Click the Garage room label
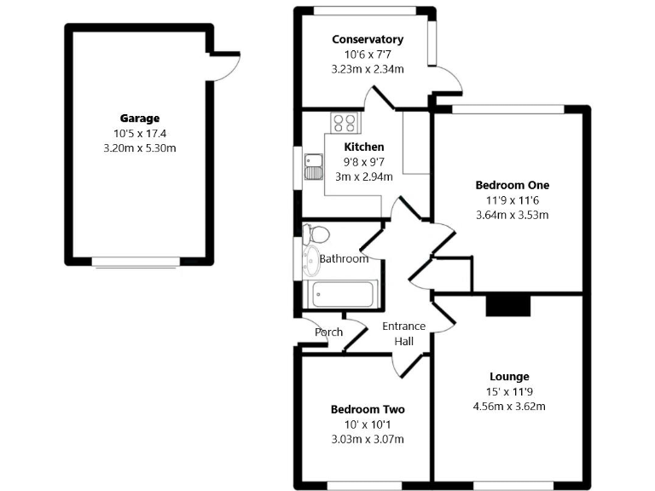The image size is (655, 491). (x=139, y=118)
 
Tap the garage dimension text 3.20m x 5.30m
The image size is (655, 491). (x=139, y=147)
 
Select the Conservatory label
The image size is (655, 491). (x=367, y=39)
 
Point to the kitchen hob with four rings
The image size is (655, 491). (x=345, y=123)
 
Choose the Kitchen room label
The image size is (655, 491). (x=363, y=147)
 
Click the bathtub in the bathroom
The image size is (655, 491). (x=341, y=295)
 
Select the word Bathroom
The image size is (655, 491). (x=344, y=259)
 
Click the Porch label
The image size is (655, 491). (x=328, y=332)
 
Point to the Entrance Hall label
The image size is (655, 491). (x=403, y=333)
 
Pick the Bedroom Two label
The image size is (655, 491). (x=367, y=409)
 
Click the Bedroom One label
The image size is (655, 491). (x=512, y=185)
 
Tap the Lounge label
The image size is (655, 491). (x=509, y=376)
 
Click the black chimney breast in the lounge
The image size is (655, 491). (x=507, y=305)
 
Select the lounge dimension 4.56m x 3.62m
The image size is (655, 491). (x=509, y=406)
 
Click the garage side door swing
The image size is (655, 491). (x=223, y=68)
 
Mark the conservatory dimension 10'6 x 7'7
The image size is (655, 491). (x=367, y=55)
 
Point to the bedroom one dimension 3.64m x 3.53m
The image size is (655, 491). (x=512, y=215)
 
